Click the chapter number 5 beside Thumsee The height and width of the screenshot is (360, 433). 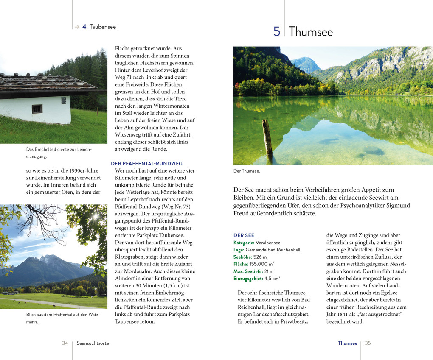click(x=277, y=32)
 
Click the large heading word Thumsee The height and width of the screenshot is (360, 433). click(x=311, y=32)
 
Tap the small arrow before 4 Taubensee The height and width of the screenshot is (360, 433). click(x=77, y=27)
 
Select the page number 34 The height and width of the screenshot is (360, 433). click(x=65, y=343)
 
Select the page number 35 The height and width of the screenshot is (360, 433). click(x=368, y=343)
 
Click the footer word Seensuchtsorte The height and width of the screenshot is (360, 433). click(x=93, y=343)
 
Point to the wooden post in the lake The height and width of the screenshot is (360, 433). click(x=267, y=137)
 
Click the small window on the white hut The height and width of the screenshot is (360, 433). click(x=37, y=109)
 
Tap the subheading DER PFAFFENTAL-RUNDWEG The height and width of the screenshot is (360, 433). click(x=146, y=163)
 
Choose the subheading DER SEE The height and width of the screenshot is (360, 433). click(x=244, y=235)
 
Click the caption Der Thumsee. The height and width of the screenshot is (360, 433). click(x=247, y=171)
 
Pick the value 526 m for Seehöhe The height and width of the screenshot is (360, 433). click(x=260, y=257)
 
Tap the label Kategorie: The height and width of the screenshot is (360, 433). click(x=244, y=243)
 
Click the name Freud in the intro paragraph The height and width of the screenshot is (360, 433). click(x=241, y=213)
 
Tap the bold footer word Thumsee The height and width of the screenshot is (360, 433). click(x=348, y=343)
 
